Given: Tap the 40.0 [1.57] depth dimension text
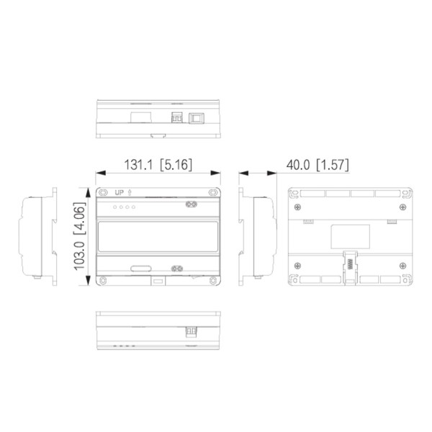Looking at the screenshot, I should (x=317, y=165).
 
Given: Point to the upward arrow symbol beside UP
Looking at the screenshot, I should (x=129, y=193).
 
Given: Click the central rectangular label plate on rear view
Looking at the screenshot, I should (x=350, y=235).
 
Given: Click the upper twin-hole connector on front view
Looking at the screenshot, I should (x=192, y=204).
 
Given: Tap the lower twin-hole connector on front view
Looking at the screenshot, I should (x=177, y=269).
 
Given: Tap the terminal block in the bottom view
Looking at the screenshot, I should (x=192, y=331).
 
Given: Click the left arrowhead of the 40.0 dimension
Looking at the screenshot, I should (x=243, y=173).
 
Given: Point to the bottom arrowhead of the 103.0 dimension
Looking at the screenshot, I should (x=91, y=285).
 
